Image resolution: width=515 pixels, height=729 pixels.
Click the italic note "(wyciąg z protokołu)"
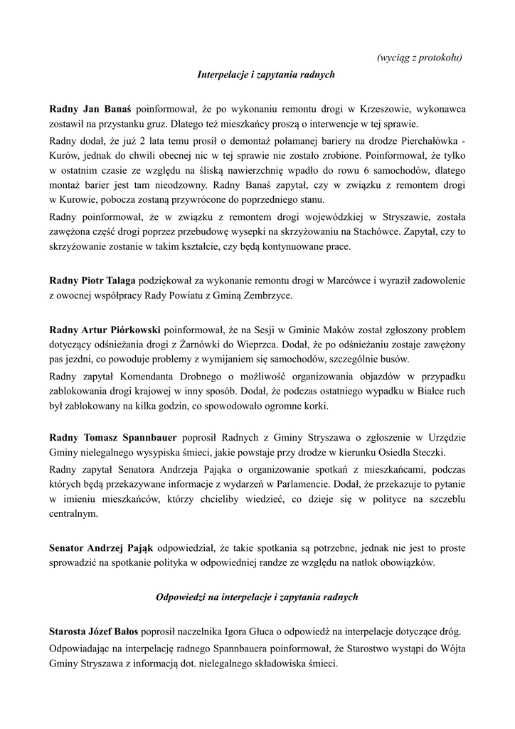point(420,57)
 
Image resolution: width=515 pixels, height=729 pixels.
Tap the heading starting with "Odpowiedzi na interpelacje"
point(257,597)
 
